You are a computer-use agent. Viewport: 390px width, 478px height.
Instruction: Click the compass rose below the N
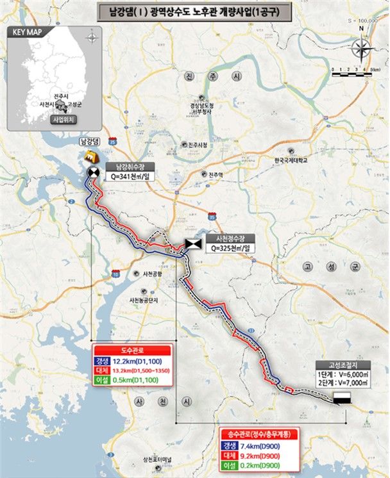click(x=361, y=48)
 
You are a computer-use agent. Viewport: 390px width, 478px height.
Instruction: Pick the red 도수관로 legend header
click(x=132, y=350)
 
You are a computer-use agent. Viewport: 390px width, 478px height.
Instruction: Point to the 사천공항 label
click(x=151, y=274)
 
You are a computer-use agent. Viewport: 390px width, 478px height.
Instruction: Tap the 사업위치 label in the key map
click(x=63, y=119)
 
